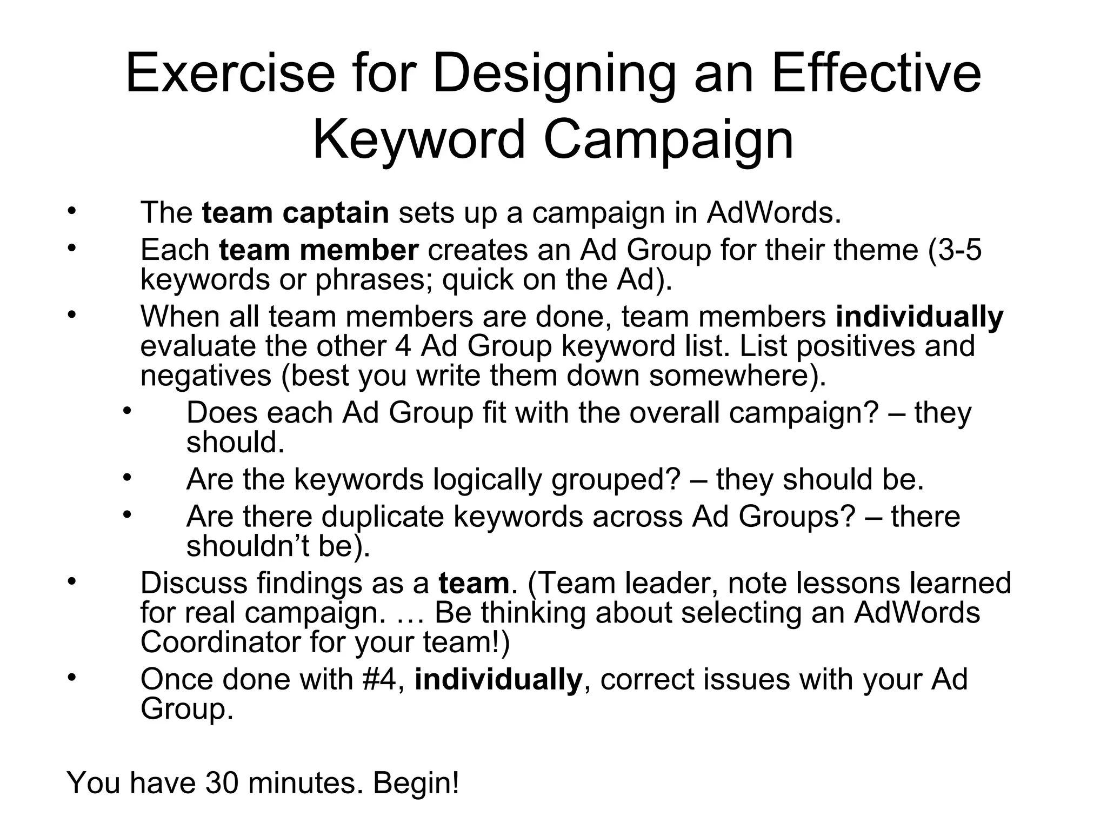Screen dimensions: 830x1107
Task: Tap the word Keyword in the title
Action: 419,139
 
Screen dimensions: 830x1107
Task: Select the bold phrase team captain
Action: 295,213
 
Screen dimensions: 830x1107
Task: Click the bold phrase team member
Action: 318,250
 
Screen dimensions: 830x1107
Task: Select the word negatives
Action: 205,376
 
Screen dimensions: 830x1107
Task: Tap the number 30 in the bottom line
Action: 222,783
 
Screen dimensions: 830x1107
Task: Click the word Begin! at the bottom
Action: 416,783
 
